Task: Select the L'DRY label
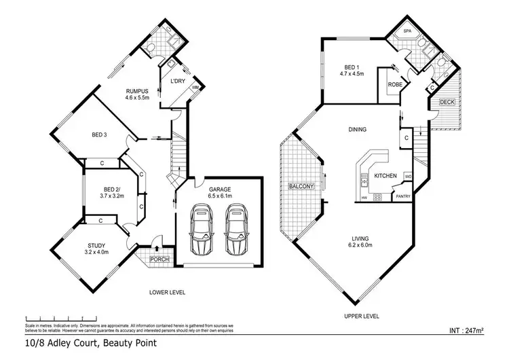[x=178, y=82]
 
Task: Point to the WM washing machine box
[x=195, y=88]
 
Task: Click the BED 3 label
[x=100, y=134]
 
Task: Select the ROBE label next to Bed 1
[x=394, y=85]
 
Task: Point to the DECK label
[x=447, y=102]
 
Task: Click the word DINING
[x=357, y=129]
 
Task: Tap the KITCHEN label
[x=385, y=176]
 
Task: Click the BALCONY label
[x=300, y=186]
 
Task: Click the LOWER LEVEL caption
[x=168, y=292]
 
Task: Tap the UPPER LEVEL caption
[x=362, y=316]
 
